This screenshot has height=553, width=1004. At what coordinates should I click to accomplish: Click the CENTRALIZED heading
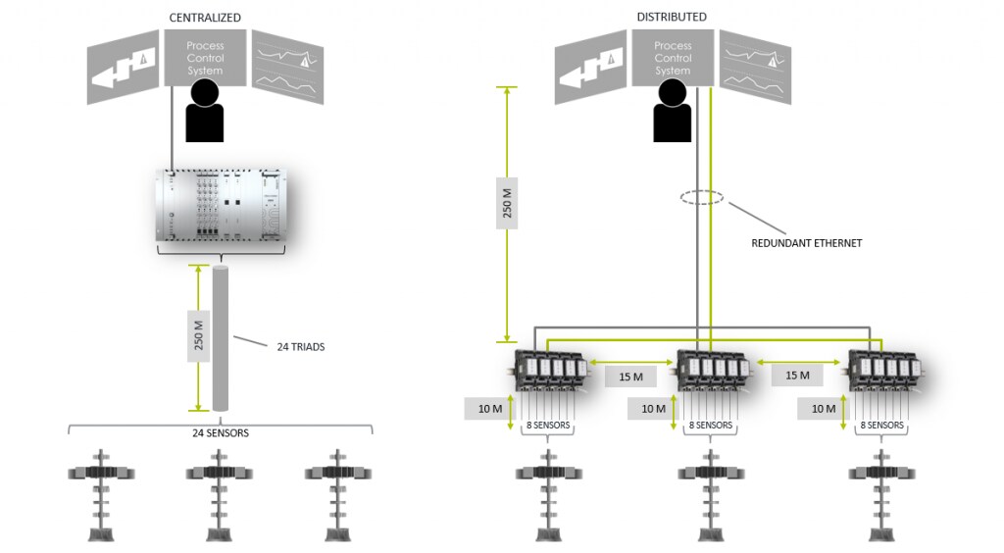(204, 18)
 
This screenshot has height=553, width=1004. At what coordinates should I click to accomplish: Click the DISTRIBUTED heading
(671, 17)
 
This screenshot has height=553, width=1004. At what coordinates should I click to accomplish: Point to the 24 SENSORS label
(221, 432)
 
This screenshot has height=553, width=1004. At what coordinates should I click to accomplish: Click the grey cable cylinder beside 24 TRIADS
(220, 338)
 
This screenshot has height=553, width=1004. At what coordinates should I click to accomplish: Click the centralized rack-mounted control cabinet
(220, 206)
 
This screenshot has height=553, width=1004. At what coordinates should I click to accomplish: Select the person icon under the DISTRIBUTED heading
(672, 110)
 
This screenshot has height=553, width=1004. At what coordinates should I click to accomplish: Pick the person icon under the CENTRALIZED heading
(204, 110)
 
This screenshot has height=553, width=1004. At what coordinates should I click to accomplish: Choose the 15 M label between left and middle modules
(630, 377)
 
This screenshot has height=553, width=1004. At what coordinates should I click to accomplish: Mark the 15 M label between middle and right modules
(797, 376)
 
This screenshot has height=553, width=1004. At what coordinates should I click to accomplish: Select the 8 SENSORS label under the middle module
(711, 426)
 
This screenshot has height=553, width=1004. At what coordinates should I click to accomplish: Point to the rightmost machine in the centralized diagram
(338, 495)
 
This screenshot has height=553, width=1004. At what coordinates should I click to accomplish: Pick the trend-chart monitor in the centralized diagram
(286, 67)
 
